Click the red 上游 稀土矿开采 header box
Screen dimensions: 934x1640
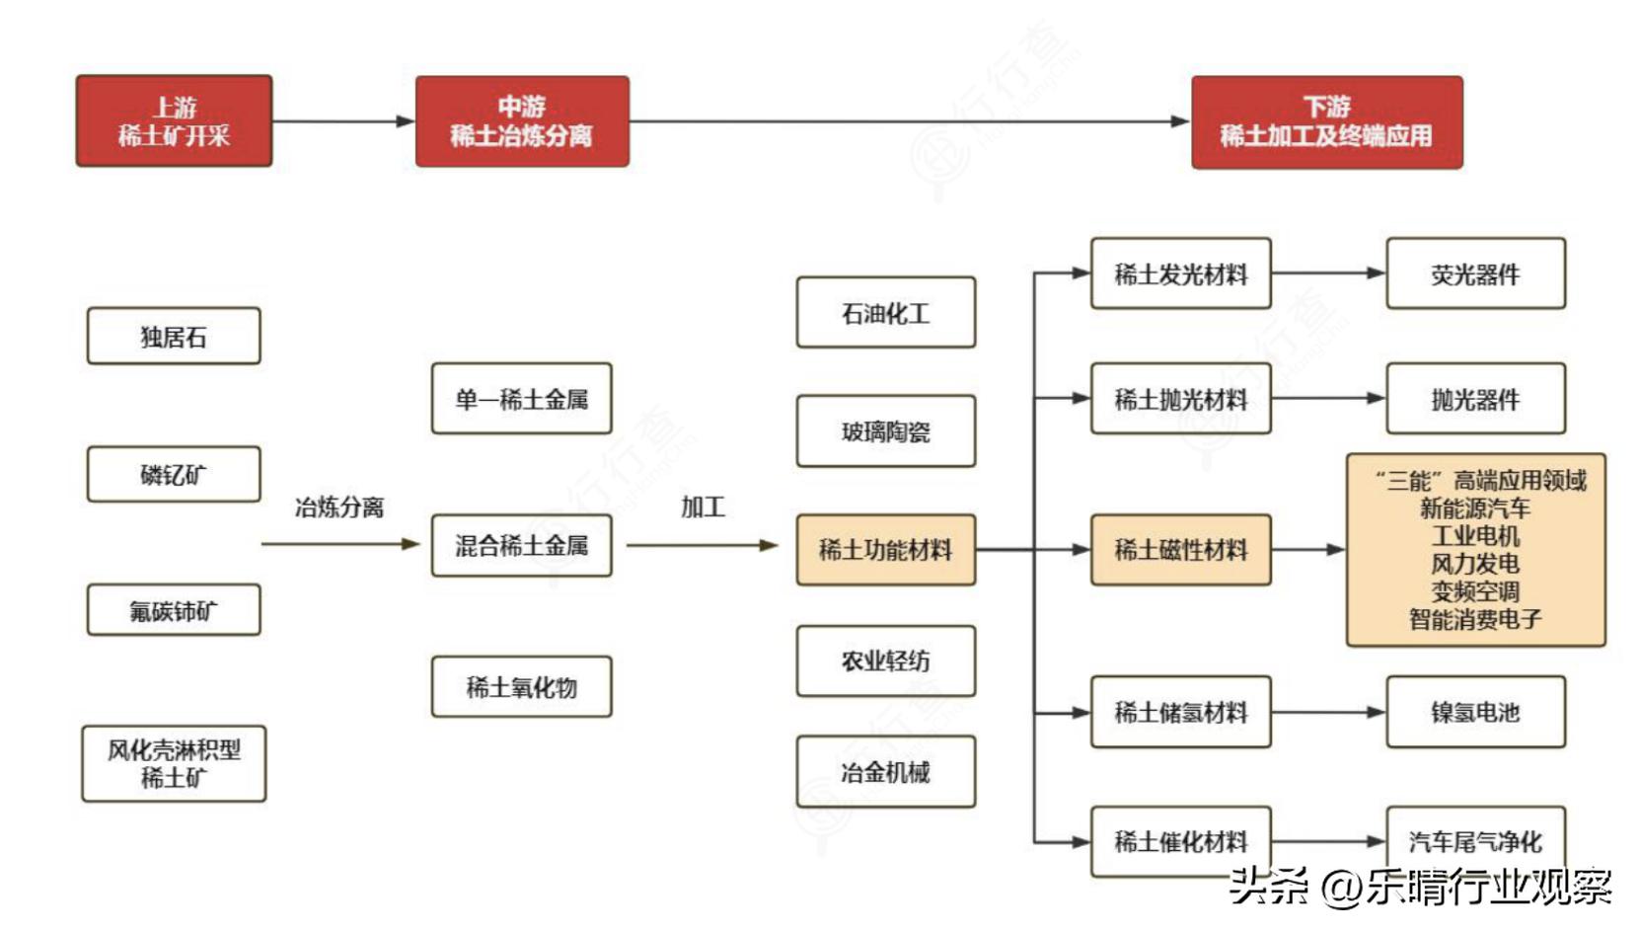point(174,120)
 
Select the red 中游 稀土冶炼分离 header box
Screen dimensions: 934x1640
point(521,120)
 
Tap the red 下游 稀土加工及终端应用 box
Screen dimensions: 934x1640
point(1326,121)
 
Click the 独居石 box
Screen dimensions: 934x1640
point(174,336)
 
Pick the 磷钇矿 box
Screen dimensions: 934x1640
point(174,474)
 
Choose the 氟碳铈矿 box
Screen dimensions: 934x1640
point(174,610)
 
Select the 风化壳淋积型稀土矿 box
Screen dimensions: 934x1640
point(174,763)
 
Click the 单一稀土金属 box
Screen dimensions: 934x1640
point(521,399)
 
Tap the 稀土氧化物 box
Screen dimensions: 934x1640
point(521,686)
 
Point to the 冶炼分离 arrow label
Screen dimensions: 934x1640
point(338,507)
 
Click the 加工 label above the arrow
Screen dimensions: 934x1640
point(703,507)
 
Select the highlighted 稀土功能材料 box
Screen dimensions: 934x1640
point(885,549)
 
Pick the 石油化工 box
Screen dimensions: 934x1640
point(885,313)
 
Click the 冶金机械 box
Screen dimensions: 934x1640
point(885,771)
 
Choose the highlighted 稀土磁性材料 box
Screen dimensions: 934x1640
point(1180,549)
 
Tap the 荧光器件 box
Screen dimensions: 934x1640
point(1475,273)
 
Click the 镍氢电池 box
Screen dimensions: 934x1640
point(1475,712)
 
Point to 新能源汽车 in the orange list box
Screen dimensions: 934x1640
point(1475,508)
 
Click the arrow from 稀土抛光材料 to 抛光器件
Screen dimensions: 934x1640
point(1327,398)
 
